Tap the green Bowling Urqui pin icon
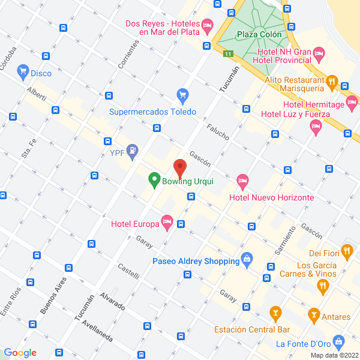[x=154, y=179]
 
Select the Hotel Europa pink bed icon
[x=167, y=223]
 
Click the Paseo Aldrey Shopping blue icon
[x=246, y=260]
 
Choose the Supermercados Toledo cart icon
[x=183, y=95]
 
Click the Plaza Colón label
[x=259, y=35]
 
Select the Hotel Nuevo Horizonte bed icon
[x=242, y=180]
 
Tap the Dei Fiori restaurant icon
[x=346, y=250]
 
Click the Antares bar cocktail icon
[x=313, y=314]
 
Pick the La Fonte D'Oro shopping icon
[x=339, y=343]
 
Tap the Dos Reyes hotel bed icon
[x=207, y=25]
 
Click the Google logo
[x=20, y=353]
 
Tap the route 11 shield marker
[x=228, y=54]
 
